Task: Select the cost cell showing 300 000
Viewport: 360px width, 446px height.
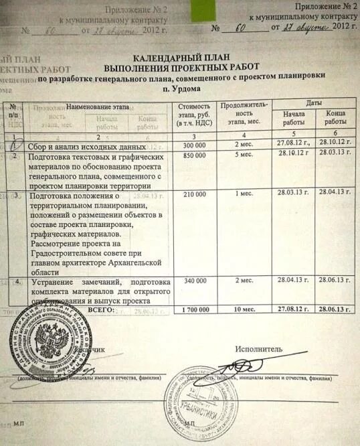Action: pyautogui.click(x=194, y=145)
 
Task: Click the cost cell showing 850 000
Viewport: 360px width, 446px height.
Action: pyautogui.click(x=194, y=155)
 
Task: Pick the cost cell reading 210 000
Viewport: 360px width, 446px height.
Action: pyautogui.click(x=194, y=194)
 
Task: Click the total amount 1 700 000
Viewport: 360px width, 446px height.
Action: pyautogui.click(x=194, y=310)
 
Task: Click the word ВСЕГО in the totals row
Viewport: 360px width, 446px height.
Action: pyautogui.click(x=101, y=310)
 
